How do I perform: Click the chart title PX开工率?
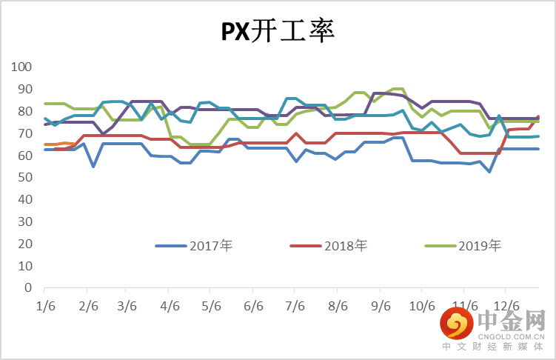coord(278,32)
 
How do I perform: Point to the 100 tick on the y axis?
coord(21,67)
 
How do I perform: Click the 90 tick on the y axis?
coord(24,89)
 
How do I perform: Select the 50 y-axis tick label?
coord(24,178)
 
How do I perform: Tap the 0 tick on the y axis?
coord(28,287)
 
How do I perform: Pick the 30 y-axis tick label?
coord(24,221)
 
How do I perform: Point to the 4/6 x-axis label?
coord(170,304)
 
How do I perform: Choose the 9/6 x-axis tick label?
coord(381,304)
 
